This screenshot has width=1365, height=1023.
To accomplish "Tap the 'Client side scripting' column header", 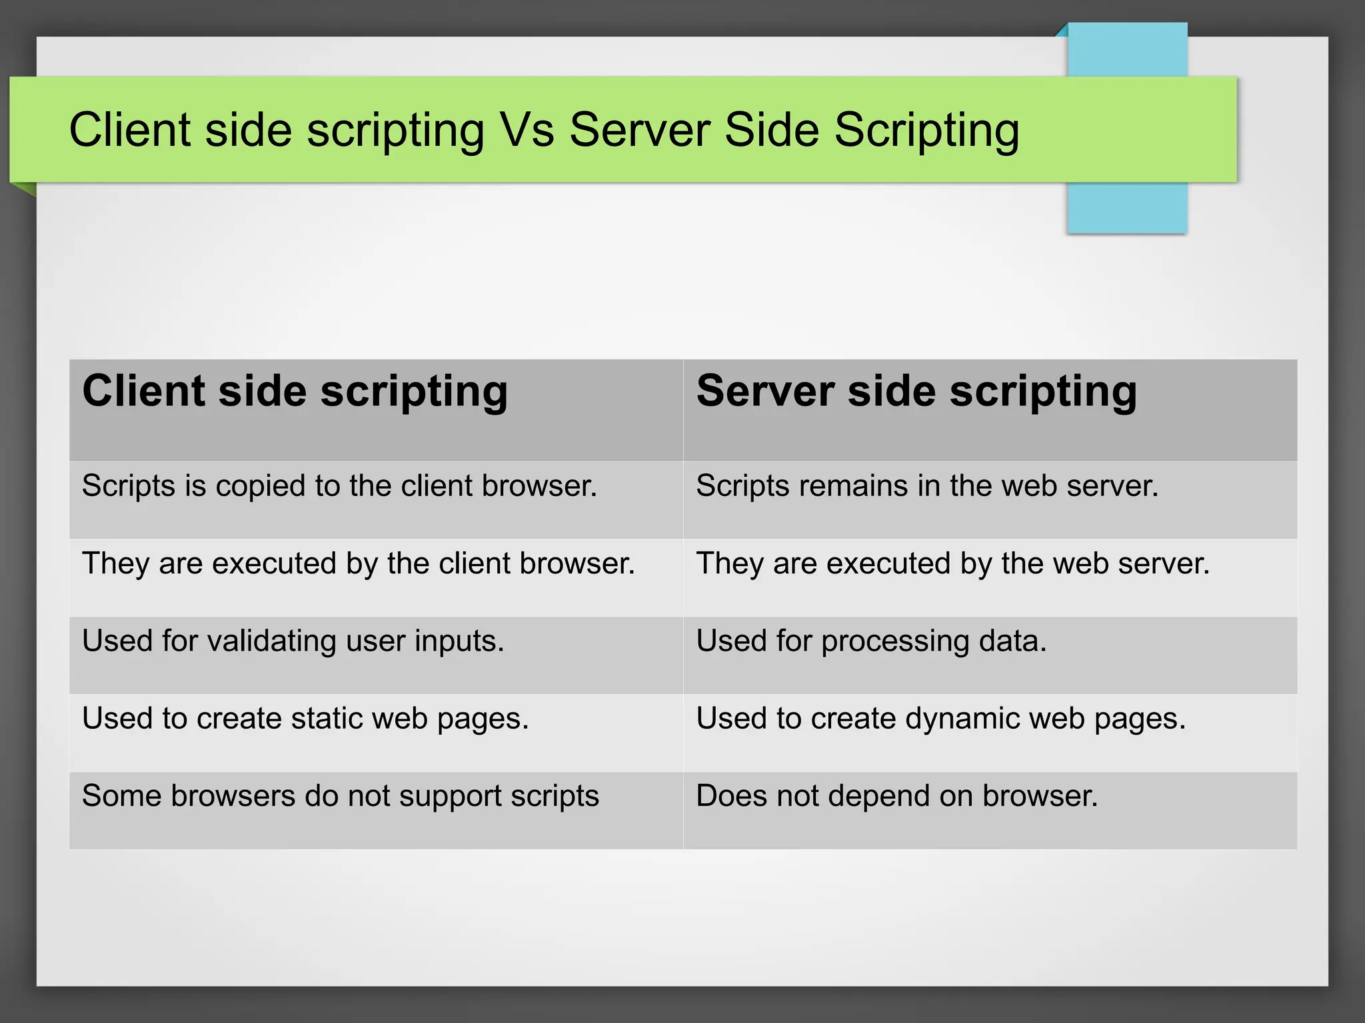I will [295, 391].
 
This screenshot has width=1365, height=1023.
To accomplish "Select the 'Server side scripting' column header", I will [916, 391].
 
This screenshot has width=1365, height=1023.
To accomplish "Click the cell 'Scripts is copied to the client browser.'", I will [339, 486].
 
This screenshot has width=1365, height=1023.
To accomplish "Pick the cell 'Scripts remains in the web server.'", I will [927, 486].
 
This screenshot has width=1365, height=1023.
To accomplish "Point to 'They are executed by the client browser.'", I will [358, 564].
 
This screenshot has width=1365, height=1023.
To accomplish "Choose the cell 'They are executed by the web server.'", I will [952, 564].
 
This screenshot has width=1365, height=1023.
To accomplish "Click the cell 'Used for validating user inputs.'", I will [293, 641].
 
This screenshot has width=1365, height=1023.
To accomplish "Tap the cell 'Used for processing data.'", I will [871, 641].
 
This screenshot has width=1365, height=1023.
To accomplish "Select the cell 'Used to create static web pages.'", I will [305, 719].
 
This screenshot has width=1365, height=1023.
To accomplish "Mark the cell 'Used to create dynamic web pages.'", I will [940, 719].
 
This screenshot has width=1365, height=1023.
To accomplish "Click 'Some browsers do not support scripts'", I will [340, 797].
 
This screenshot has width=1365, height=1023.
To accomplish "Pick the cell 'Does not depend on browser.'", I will [896, 797].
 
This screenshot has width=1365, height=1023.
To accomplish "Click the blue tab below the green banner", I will [1126, 208].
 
